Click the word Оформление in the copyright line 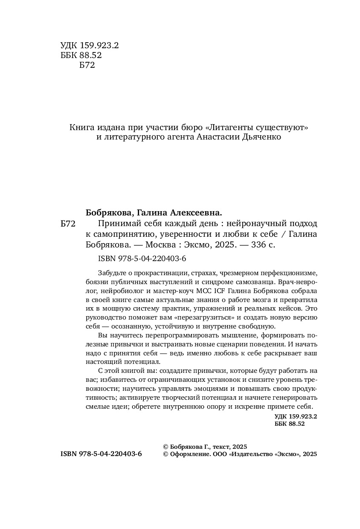[x=191, y=455]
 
